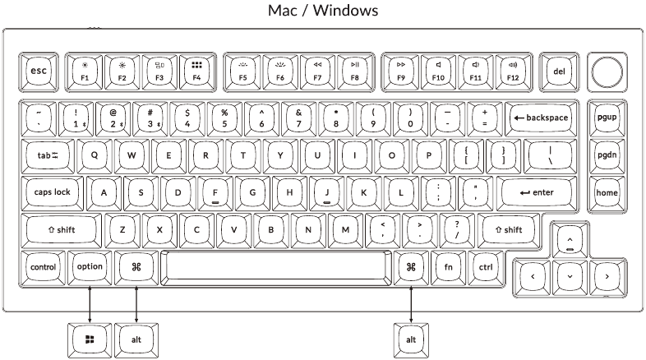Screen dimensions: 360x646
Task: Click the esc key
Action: pyautogui.click(x=39, y=72)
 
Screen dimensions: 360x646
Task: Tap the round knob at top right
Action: pyautogui.click(x=607, y=72)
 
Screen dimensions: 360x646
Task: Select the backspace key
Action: pyautogui.click(x=541, y=118)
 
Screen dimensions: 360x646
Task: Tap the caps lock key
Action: pyautogui.click(x=53, y=192)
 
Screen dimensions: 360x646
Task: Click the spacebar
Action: pyautogui.click(x=276, y=267)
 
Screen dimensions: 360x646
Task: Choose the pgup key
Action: pyautogui.click(x=607, y=118)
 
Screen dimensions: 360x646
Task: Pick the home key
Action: pyautogui.click(x=607, y=192)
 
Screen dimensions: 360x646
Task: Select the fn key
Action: pyautogui.click(x=449, y=267)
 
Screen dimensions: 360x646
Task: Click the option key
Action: pyautogui.click(x=90, y=267)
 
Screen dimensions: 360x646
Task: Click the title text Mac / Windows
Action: pyautogui.click(x=323, y=12)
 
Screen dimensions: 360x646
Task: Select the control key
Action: pyautogui.click(x=43, y=267)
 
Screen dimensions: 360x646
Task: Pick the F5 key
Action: pyautogui.click(x=242, y=72)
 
